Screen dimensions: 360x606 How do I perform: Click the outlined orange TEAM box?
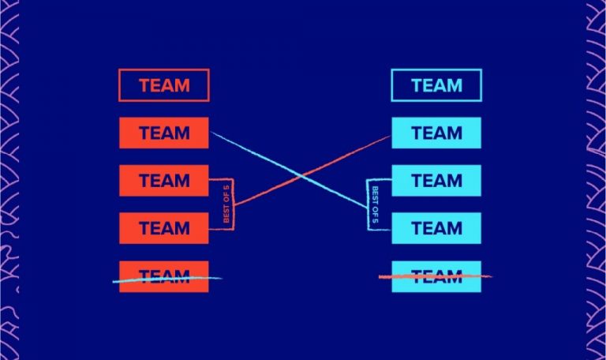(x=163, y=85)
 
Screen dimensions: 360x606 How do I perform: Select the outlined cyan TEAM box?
(x=436, y=85)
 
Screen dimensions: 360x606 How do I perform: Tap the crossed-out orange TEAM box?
(x=163, y=276)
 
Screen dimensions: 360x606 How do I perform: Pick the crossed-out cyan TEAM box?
(x=436, y=276)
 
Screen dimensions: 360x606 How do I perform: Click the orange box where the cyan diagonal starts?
(x=163, y=133)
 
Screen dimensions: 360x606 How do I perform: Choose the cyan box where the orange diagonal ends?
(x=436, y=133)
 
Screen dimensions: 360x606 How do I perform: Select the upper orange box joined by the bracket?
(x=163, y=180)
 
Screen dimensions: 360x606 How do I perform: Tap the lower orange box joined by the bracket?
(x=163, y=228)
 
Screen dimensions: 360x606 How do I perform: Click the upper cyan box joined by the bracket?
(x=436, y=180)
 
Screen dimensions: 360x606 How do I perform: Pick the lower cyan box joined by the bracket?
(x=436, y=228)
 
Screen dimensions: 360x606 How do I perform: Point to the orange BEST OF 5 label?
(x=226, y=204)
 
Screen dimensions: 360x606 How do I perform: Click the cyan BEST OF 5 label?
(x=375, y=204)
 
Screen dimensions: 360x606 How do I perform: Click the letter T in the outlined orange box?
(x=144, y=85)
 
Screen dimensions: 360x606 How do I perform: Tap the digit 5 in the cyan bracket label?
(x=375, y=220)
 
